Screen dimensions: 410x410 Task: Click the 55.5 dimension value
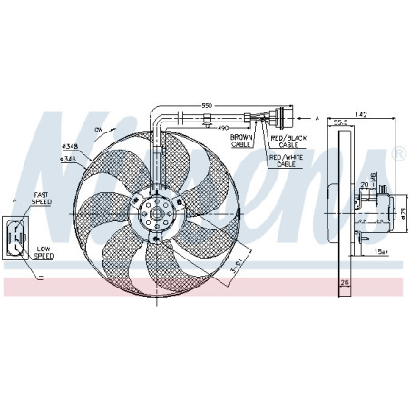click(x=341, y=122)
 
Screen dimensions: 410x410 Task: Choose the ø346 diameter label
click(x=68, y=160)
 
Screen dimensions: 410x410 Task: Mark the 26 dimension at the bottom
click(x=344, y=284)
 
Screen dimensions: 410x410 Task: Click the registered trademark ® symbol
click(x=398, y=155)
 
